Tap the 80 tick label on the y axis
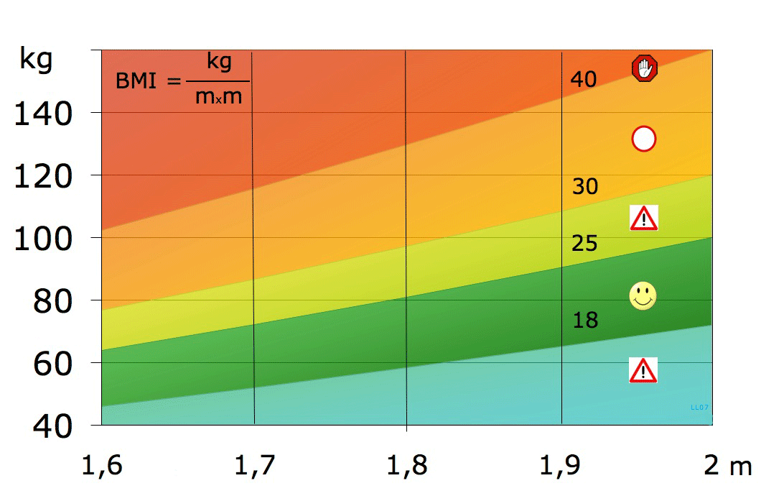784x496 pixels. coord(52,300)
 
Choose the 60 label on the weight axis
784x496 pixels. coord(52,363)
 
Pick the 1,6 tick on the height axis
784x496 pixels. coord(101,467)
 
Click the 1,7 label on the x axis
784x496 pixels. coord(254,467)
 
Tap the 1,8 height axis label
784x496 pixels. coord(406,467)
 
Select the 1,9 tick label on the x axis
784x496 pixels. coord(559,467)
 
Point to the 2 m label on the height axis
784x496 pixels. coord(727,467)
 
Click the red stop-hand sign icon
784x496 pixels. coord(645,69)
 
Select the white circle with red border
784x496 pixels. coord(644,139)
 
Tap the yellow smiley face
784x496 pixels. coord(643,295)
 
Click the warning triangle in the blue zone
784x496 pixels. coord(643,370)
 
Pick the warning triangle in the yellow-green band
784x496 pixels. coord(644,218)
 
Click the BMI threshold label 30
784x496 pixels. coord(584,188)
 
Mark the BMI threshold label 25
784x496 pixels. coord(584,244)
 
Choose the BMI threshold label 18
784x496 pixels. coord(585,321)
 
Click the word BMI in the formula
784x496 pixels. coord(136,81)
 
